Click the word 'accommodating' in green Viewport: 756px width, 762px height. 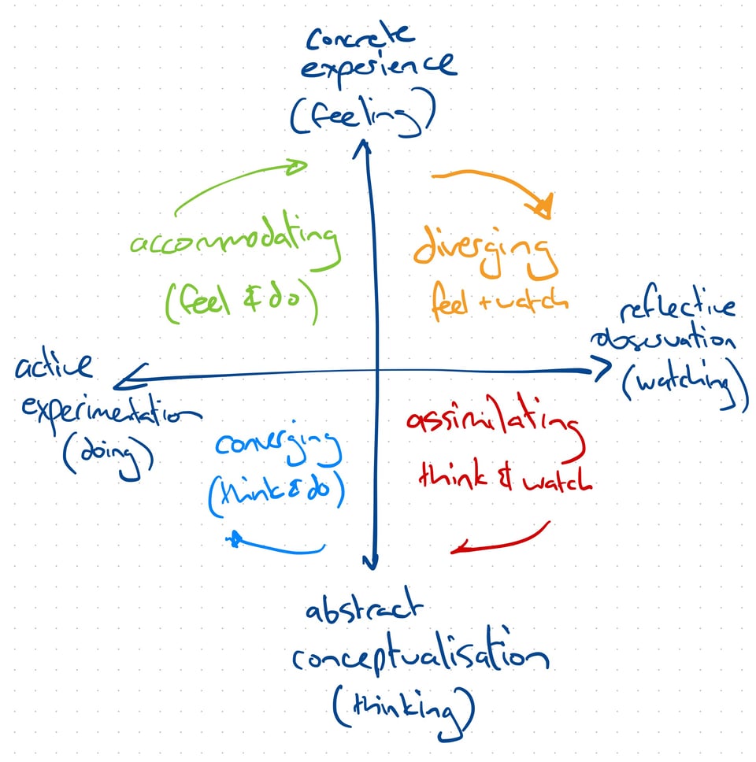235,245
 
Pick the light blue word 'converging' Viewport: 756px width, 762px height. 280,450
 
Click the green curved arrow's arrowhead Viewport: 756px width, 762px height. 298,166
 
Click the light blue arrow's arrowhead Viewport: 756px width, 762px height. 233,539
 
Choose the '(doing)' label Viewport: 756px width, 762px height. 106,453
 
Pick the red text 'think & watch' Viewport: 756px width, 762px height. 505,477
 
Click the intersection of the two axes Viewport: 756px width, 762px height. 375,370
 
